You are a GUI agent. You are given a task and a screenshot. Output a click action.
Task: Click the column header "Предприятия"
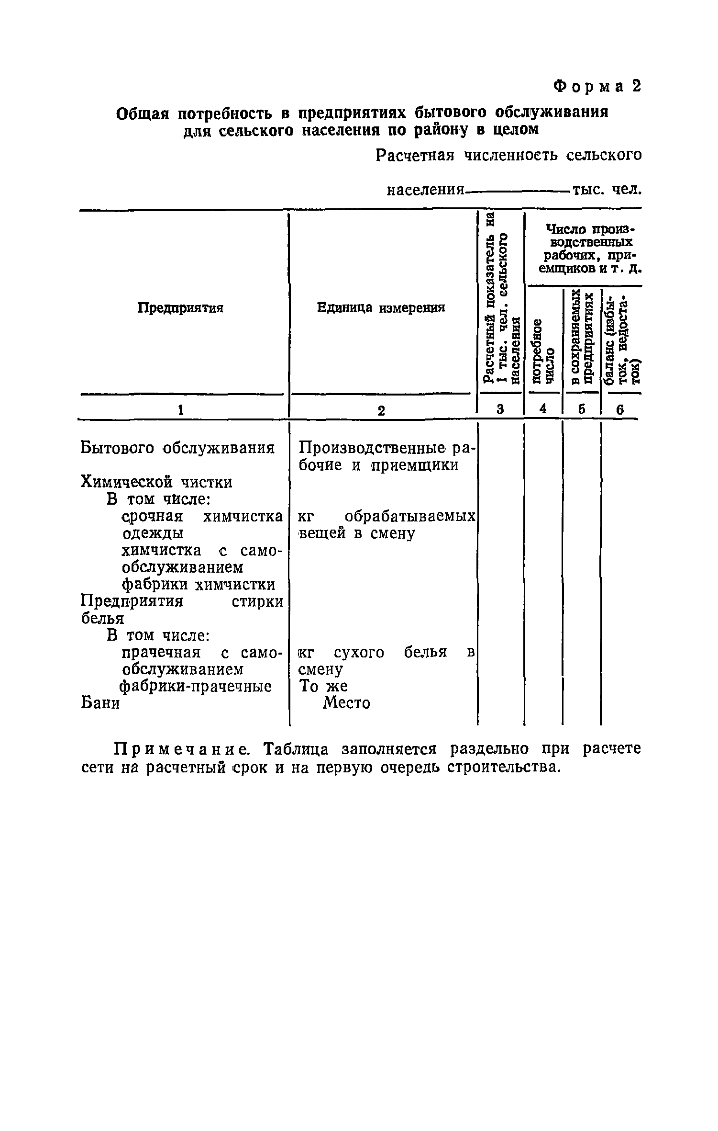(180, 308)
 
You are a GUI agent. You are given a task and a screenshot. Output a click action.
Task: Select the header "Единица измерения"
(381, 308)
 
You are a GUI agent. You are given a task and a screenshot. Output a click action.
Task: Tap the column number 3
(500, 409)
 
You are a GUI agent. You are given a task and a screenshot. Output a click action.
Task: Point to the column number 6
(619, 410)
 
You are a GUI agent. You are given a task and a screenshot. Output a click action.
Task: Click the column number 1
(180, 410)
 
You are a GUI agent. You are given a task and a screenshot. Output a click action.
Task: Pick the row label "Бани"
(100, 703)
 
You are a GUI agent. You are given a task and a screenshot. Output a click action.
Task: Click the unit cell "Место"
(346, 703)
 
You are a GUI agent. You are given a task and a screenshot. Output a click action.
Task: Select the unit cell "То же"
(323, 686)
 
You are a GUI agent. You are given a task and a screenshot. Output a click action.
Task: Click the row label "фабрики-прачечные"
(196, 686)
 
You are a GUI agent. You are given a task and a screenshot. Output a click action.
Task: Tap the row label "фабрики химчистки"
(199, 585)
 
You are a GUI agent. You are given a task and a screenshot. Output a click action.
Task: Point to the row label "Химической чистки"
(156, 482)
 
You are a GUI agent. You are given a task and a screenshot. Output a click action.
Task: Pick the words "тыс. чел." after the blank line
(607, 190)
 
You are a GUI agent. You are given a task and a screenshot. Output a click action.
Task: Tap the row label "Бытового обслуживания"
(177, 448)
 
